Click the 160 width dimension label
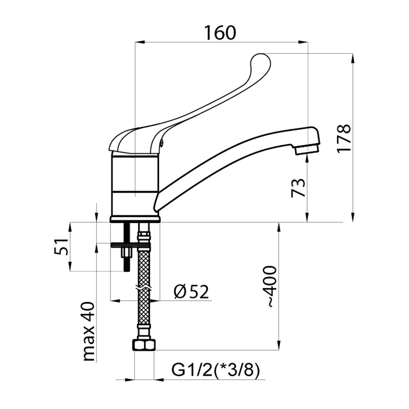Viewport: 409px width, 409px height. coord(220,33)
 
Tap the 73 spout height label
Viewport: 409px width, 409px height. coord(298,188)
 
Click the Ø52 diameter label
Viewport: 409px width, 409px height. coord(191,291)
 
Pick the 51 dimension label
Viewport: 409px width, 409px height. coord(61,246)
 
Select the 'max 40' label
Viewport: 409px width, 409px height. coord(88,331)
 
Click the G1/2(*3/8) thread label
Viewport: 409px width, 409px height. coord(216,370)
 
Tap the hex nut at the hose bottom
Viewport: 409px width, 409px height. coord(144,345)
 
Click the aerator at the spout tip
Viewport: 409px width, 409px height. coord(307,149)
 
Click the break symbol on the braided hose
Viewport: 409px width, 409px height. coord(144,288)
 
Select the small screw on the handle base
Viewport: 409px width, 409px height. coord(162,142)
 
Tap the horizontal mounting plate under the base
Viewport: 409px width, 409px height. coord(131,245)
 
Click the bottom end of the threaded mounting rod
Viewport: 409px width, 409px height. coord(127,271)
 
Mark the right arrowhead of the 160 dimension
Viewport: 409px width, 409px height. coord(304,42)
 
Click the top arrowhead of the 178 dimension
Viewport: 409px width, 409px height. coord(353,58)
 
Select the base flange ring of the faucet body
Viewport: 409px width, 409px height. coord(134,219)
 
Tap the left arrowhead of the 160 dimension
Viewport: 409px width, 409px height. coord(140,42)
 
